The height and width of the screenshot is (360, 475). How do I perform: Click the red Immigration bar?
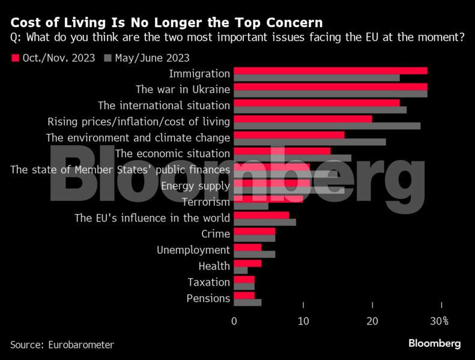(x=330, y=71)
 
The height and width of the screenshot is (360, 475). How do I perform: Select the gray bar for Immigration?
(x=316, y=78)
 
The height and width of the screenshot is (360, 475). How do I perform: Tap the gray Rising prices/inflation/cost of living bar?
(x=327, y=126)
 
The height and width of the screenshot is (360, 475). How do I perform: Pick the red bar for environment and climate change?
(x=289, y=135)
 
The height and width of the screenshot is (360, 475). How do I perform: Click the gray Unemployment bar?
(x=254, y=254)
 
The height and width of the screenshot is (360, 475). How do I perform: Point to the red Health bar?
(x=247, y=263)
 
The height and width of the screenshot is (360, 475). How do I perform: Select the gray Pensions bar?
(x=247, y=302)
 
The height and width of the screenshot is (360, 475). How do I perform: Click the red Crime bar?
(x=254, y=231)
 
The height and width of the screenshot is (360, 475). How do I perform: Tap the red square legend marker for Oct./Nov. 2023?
(x=14, y=58)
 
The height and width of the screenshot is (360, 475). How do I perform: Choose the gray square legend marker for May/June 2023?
(x=108, y=58)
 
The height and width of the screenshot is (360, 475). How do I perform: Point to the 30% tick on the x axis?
(x=441, y=321)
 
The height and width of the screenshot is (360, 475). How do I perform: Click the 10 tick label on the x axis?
(x=303, y=321)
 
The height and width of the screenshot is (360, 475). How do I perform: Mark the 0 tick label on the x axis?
(x=234, y=321)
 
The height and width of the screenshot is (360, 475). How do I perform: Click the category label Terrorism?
(x=206, y=202)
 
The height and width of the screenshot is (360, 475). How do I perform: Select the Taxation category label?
(x=208, y=282)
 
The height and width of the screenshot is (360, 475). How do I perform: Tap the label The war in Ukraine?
(x=183, y=90)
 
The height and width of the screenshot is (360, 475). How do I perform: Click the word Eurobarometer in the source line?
(x=79, y=344)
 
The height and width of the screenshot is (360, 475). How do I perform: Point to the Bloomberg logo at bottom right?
(x=434, y=343)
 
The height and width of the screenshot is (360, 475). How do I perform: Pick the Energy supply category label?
(x=195, y=186)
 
